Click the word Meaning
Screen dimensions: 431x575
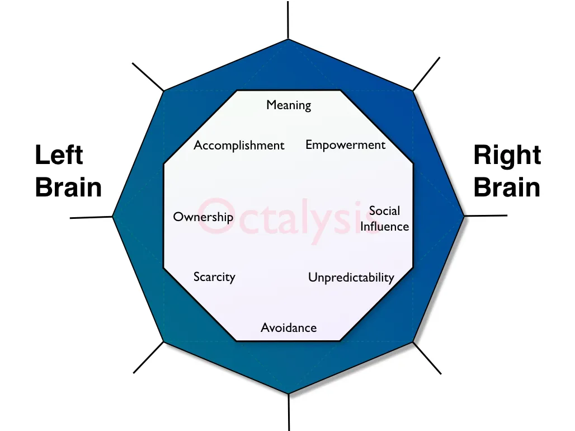(x=289, y=105)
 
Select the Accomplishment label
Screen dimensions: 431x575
(x=239, y=146)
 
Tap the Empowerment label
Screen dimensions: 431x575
(x=345, y=145)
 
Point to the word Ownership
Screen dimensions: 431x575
(x=203, y=217)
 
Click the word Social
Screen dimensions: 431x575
(x=384, y=211)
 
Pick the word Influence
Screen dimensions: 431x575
(x=384, y=226)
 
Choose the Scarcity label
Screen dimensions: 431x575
(x=214, y=277)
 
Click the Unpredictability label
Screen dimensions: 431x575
(x=351, y=278)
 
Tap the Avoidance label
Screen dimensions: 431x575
(x=289, y=328)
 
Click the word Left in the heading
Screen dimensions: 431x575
(x=59, y=155)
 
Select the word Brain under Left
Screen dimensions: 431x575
(x=68, y=188)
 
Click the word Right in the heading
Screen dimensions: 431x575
(x=507, y=155)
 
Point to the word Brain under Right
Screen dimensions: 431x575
(x=507, y=188)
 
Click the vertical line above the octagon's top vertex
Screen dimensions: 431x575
(x=288, y=20)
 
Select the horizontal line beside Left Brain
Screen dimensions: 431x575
(x=91, y=217)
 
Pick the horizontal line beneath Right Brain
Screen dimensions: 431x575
(x=486, y=215)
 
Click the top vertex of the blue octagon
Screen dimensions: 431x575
(x=288, y=40)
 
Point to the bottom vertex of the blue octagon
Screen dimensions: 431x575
(x=289, y=393)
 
